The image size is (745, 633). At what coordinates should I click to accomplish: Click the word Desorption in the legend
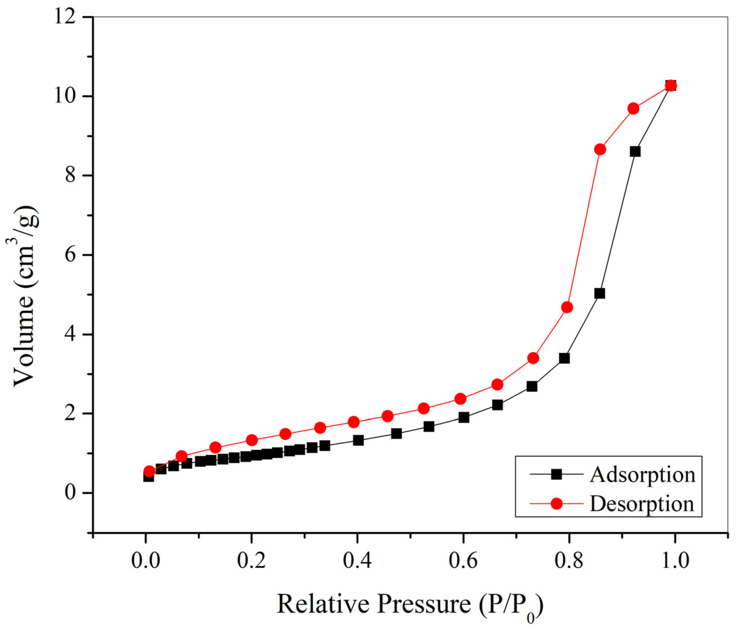(x=642, y=504)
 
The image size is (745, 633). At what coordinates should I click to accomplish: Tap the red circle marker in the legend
(x=556, y=504)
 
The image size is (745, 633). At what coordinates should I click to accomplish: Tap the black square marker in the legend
(x=556, y=474)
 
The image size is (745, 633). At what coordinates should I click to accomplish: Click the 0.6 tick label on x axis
(x=463, y=561)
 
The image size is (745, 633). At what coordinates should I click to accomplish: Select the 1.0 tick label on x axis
(x=675, y=561)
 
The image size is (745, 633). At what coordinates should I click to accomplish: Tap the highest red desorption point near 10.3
(x=671, y=85)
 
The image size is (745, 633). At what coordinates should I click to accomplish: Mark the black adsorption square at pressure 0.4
(x=358, y=440)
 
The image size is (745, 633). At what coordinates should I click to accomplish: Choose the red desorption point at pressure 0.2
(x=252, y=440)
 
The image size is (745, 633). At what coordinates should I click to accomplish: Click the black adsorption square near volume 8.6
(x=635, y=151)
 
